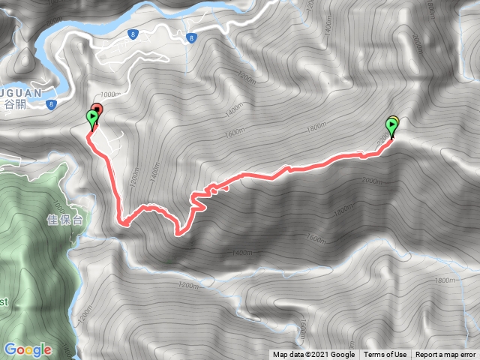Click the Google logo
27,349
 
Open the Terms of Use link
385,355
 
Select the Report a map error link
446,355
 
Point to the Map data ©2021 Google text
313,355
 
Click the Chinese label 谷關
14,103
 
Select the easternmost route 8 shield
193,37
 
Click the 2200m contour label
385,138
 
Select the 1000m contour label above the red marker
109,94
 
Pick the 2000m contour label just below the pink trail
370,181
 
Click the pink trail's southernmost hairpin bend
179,233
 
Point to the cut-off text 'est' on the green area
4,301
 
